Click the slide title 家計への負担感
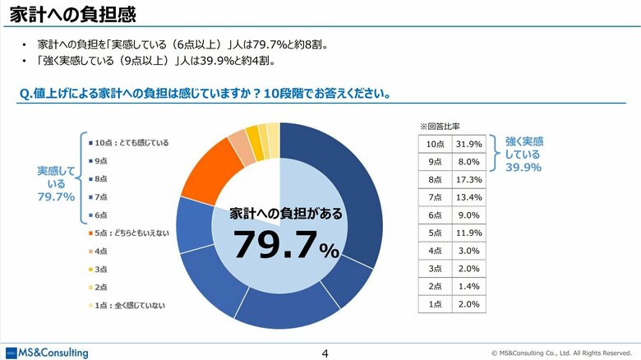coord(68,15)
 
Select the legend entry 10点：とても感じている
coord(131,142)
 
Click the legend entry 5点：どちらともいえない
coord(131,233)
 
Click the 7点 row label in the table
coord(435,197)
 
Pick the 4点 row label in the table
coord(435,251)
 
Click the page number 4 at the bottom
coord(325,353)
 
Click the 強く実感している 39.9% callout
coord(523,154)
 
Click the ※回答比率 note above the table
coord(440,127)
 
